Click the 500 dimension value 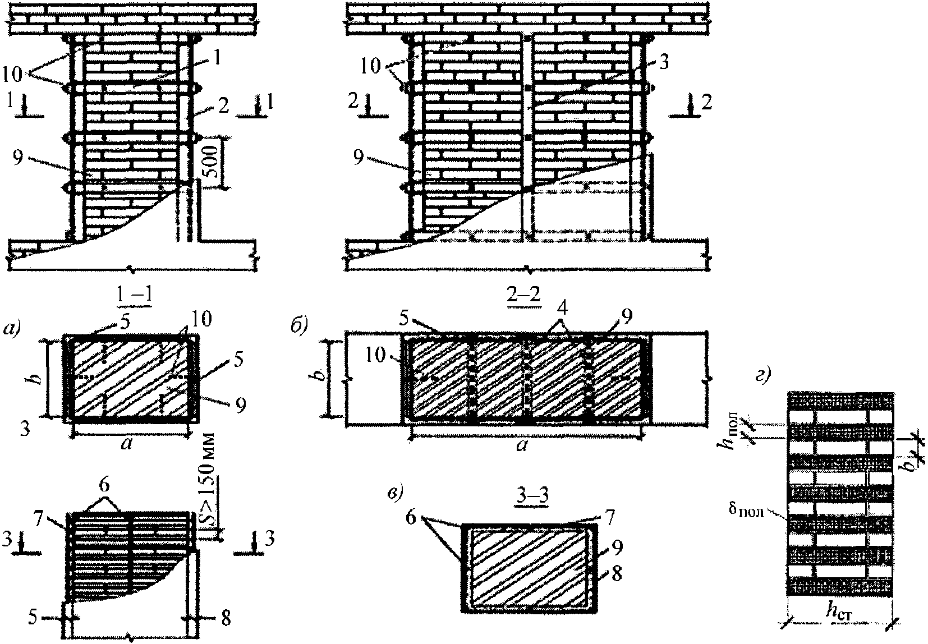coord(212,162)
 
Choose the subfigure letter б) coord(298,326)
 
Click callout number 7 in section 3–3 coord(609,517)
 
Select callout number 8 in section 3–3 coord(617,575)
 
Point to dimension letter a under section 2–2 coord(523,447)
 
